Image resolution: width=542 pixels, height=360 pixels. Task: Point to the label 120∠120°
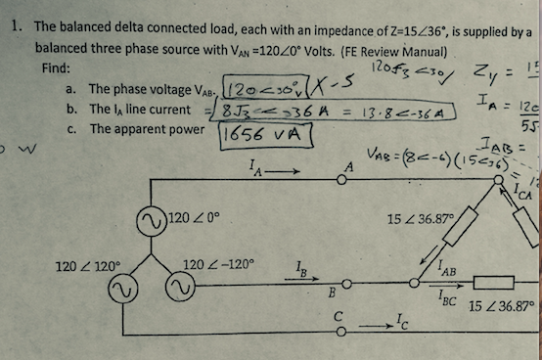89,264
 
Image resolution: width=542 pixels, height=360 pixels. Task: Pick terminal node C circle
341,330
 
